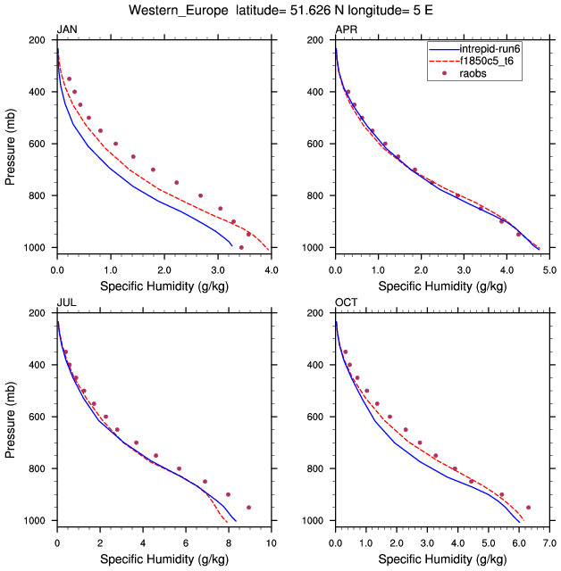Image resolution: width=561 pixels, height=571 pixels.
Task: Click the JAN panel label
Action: coord(66,30)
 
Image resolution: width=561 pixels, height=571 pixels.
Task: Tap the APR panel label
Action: coord(345,30)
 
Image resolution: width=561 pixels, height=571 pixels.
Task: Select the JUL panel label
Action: coord(66,303)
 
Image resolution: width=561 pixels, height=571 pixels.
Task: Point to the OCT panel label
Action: coord(346,303)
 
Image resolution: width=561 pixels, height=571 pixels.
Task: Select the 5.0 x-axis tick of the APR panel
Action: coord(549,268)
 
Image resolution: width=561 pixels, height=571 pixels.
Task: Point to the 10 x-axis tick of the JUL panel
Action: coord(272,542)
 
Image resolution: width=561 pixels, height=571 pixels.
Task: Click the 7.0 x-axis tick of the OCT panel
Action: coord(549,542)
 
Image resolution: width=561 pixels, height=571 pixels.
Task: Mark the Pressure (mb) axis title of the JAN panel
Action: coord(11,144)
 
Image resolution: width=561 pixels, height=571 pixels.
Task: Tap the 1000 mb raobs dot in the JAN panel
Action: coord(241,247)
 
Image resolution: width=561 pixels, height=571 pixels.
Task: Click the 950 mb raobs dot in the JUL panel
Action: coord(248,508)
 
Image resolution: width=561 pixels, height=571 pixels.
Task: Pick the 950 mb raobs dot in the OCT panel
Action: coord(529,508)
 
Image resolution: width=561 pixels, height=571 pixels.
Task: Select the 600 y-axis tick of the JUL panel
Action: coord(38,417)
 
